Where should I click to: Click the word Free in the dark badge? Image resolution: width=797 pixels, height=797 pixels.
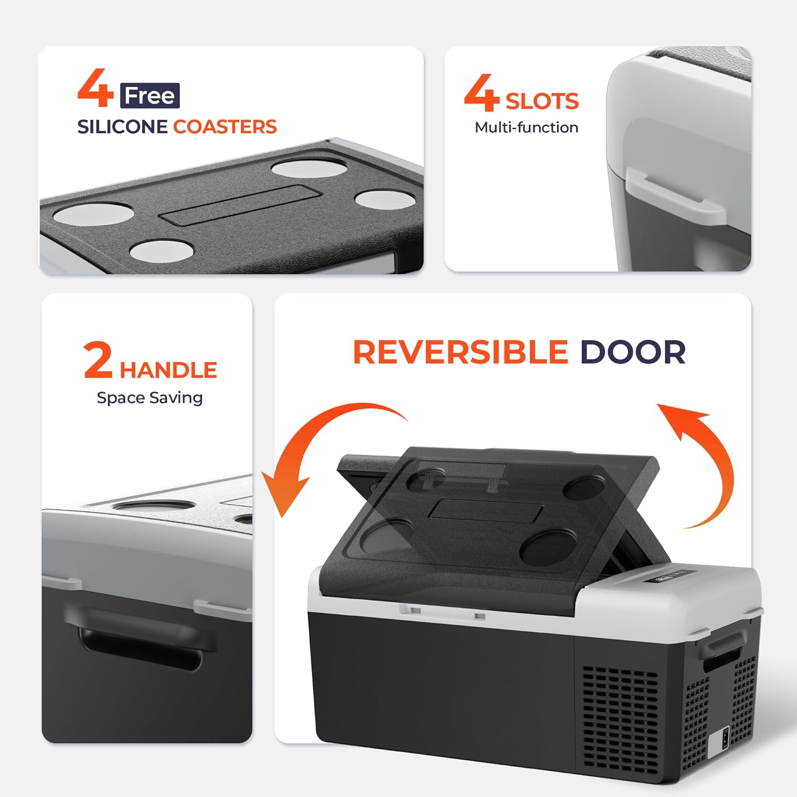tap(150, 96)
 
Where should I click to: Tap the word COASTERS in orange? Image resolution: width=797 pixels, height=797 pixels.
tap(225, 127)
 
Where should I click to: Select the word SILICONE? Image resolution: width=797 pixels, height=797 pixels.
tap(122, 127)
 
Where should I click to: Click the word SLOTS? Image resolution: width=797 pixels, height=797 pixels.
tap(542, 101)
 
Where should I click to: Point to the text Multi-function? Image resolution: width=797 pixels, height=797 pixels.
tap(527, 128)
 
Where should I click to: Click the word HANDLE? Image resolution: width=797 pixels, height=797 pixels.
tap(168, 370)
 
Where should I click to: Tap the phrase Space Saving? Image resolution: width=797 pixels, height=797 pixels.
tap(150, 398)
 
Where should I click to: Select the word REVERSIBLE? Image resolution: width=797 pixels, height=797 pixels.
tap(461, 352)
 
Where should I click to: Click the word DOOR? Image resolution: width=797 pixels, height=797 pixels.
tap(633, 352)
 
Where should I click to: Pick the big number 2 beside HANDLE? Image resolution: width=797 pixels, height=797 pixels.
tap(98, 360)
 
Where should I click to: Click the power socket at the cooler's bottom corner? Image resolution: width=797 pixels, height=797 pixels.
tap(725, 741)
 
